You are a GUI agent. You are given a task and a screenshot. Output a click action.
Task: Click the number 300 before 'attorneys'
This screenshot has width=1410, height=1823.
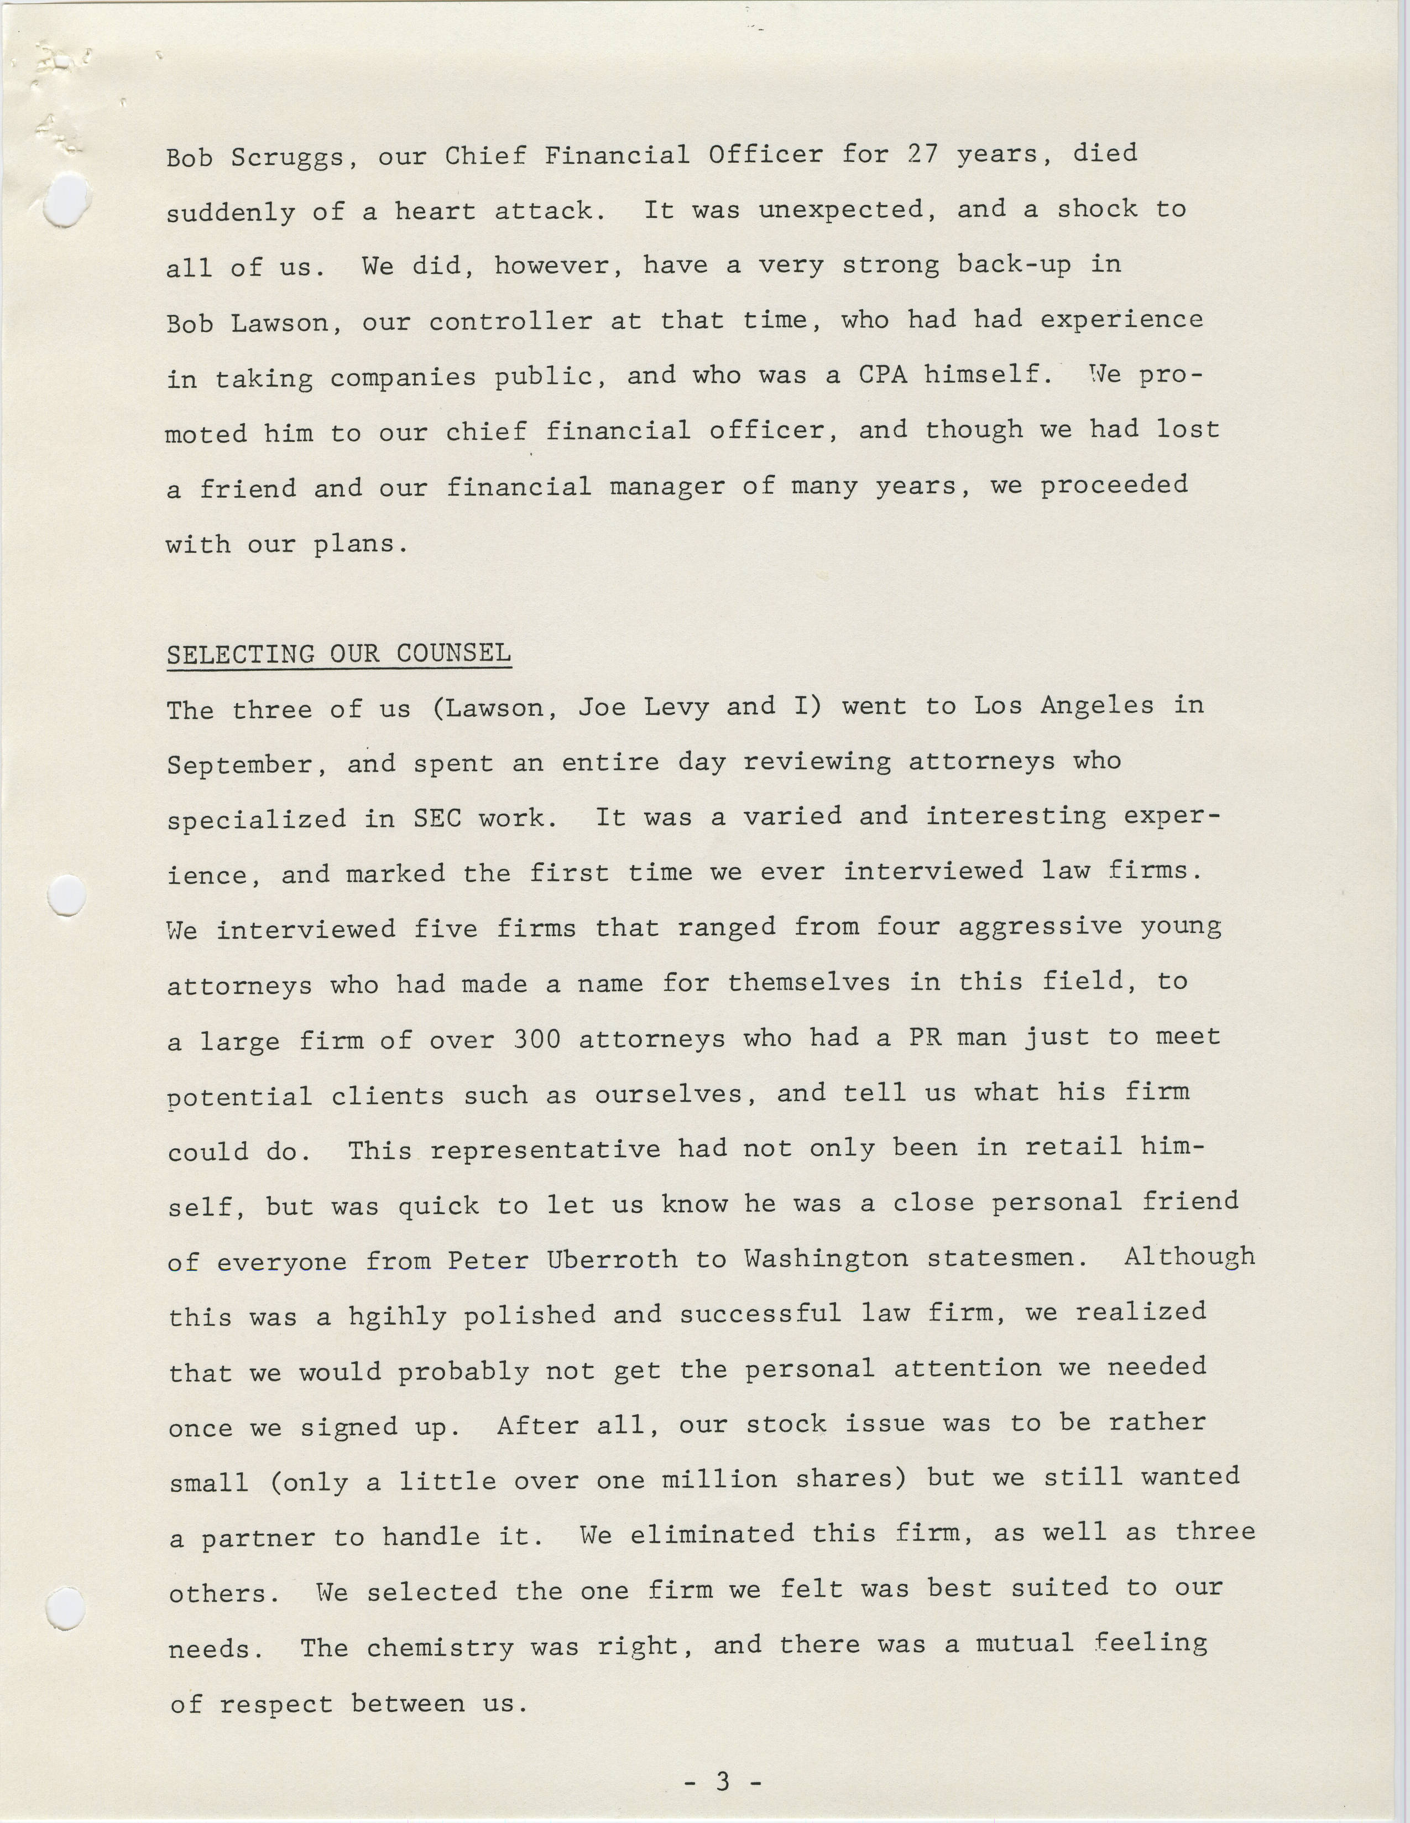click(536, 1039)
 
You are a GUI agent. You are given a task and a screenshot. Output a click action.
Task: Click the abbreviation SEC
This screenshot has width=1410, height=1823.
click(437, 819)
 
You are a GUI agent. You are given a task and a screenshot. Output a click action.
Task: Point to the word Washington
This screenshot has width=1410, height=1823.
click(826, 1259)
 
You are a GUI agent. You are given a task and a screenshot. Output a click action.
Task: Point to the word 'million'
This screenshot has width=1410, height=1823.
click(719, 1480)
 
